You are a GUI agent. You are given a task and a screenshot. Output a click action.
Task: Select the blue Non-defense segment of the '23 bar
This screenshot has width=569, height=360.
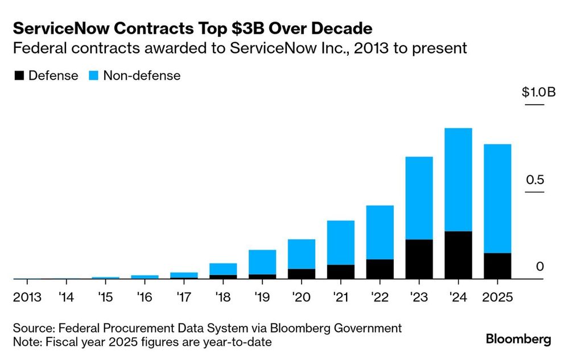click(419, 198)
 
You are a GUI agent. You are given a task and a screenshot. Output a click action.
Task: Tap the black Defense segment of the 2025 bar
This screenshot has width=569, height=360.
click(497, 266)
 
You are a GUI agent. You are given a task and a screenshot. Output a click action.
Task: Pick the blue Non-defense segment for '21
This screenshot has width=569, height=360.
click(340, 242)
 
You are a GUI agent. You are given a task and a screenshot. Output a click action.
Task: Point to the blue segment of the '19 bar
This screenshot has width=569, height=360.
click(262, 262)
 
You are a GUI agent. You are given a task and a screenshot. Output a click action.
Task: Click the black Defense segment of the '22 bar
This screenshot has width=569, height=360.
click(380, 269)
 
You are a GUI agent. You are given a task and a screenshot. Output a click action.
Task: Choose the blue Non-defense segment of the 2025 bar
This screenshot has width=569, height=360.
click(497, 198)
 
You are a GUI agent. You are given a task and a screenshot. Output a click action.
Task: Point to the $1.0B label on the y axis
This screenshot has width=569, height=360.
click(538, 93)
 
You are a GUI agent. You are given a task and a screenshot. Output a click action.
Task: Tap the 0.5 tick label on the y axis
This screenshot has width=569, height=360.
click(534, 180)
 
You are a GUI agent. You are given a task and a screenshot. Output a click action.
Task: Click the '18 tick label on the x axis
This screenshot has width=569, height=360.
click(223, 297)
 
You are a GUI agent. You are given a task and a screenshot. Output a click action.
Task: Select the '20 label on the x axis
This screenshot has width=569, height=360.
click(302, 297)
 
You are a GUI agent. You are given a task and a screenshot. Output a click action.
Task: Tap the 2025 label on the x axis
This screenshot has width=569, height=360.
click(497, 297)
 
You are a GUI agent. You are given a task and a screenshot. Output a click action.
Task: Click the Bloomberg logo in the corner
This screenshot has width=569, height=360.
click(518, 340)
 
